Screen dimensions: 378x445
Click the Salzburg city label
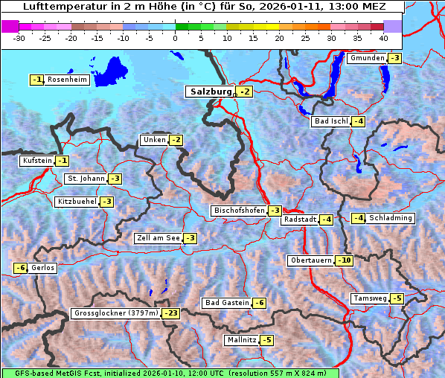pyautogui.click(x=210, y=92)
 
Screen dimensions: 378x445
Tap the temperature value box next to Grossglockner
pyautogui.click(x=171, y=314)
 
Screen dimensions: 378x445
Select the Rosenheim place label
pyautogui.click(x=67, y=80)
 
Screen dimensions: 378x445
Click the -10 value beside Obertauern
pyautogui.click(x=344, y=260)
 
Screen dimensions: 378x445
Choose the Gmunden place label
pyautogui.click(x=367, y=58)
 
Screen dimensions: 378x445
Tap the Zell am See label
pyautogui.click(x=159, y=238)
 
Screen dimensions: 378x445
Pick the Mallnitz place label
pyautogui.click(x=241, y=340)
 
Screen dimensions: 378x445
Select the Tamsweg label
pyautogui.click(x=370, y=298)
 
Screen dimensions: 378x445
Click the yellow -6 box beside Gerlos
pyautogui.click(x=21, y=268)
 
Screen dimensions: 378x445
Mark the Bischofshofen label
pyautogui.click(x=239, y=211)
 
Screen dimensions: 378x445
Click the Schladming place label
pyautogui.click(x=391, y=218)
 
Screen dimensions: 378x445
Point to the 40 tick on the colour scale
pyautogui.click(x=383, y=37)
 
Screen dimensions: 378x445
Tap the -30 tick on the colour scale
pyautogui.click(x=20, y=37)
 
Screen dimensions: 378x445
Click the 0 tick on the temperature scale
pyautogui.click(x=176, y=37)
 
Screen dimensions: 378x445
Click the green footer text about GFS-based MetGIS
pyautogui.click(x=170, y=373)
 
